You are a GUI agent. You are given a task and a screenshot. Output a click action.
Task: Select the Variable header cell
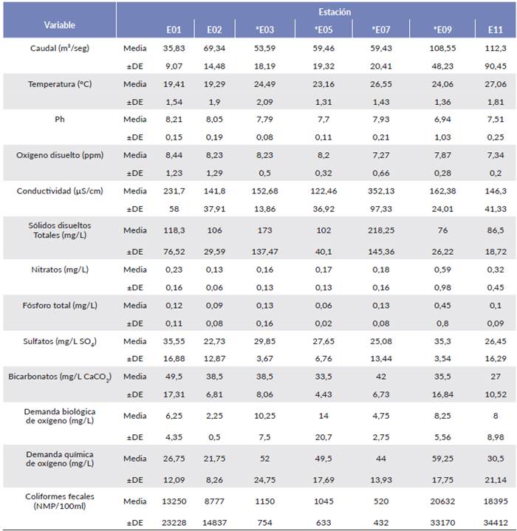(59, 25)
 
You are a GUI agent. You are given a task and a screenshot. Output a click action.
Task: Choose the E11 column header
(495, 30)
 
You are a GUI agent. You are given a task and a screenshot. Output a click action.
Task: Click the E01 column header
(174, 30)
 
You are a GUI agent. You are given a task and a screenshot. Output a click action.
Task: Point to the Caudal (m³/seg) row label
(59, 49)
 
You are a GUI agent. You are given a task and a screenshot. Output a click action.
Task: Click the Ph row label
(59, 120)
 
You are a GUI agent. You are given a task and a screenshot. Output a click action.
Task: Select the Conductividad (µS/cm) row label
(59, 191)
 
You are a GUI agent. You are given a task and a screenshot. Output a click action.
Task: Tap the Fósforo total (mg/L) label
(59, 305)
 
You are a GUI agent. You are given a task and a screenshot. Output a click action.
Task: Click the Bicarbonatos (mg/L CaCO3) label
(59, 377)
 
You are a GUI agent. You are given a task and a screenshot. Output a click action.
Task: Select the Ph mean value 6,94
(445, 120)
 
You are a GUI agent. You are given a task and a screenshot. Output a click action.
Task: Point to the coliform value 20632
(445, 501)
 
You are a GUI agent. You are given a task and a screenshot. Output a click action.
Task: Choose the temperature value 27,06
(495, 84)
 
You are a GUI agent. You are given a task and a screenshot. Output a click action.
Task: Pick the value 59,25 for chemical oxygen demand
(445, 458)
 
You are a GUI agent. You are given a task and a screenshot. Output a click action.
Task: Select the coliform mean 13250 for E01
(174, 501)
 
